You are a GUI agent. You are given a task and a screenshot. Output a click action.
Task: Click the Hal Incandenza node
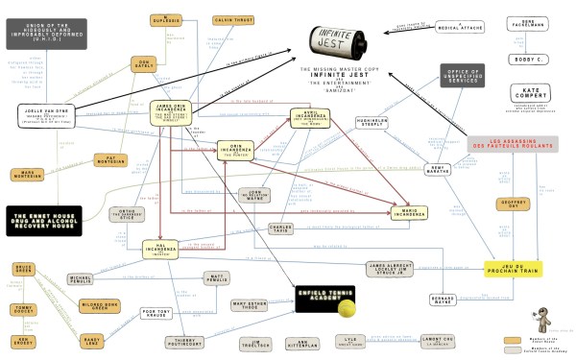[x=162, y=252]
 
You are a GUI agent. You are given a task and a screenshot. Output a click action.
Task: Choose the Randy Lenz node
[x=92, y=341]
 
